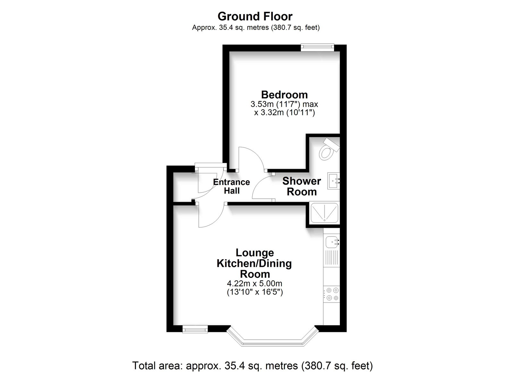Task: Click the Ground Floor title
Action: coord(255,16)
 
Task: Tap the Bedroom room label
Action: coord(284,95)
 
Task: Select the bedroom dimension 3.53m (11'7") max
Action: coord(284,104)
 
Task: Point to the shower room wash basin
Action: coord(333,181)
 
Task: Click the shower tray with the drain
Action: coord(324,213)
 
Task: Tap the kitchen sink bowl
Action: coord(332,242)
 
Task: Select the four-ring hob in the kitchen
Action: coord(332,294)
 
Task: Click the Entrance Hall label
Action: coord(231,186)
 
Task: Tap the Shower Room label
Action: coord(302,186)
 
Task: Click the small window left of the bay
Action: coord(195,329)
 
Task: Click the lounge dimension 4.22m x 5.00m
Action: coord(255,284)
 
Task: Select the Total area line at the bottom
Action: coord(252,365)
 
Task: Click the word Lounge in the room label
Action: coord(255,253)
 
